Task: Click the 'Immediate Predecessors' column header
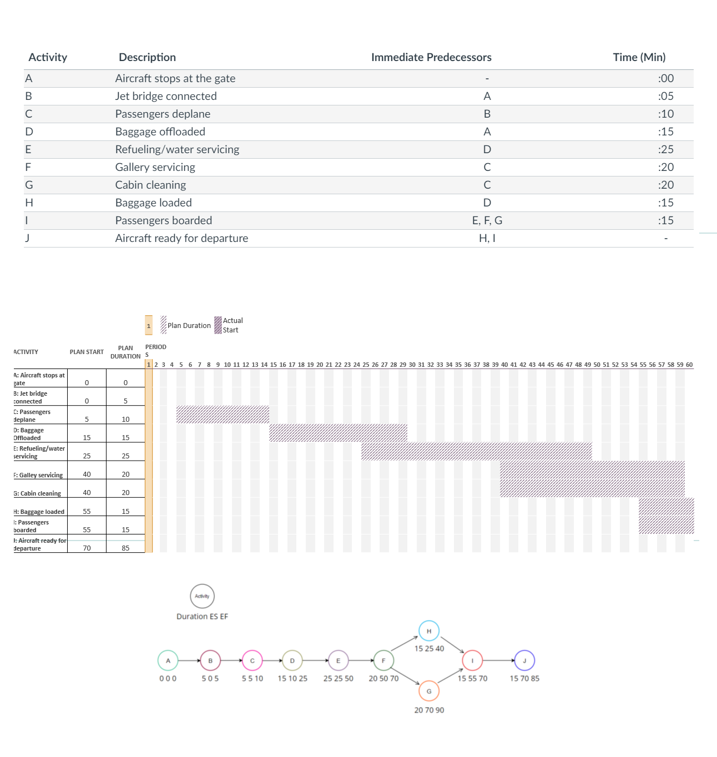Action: [x=431, y=57]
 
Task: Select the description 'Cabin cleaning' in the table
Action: [x=150, y=185]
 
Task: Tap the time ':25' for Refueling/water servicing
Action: [x=665, y=149]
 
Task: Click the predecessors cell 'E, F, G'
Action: [x=487, y=220]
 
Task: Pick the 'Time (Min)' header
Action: [x=639, y=57]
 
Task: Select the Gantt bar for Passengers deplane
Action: [x=223, y=415]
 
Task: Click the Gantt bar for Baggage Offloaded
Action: [x=338, y=433]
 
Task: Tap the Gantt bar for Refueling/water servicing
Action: [x=476, y=451]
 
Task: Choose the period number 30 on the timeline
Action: [x=412, y=365]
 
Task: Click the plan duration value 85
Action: [x=125, y=548]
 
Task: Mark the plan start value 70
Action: [x=87, y=548]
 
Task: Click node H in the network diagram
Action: [x=429, y=631]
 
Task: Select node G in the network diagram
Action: [x=429, y=691]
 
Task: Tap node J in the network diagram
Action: [x=524, y=660]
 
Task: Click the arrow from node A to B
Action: [x=189, y=660]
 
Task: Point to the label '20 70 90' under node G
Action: [x=429, y=710]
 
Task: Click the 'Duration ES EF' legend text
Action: [x=202, y=616]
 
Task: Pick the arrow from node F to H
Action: [x=405, y=644]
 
